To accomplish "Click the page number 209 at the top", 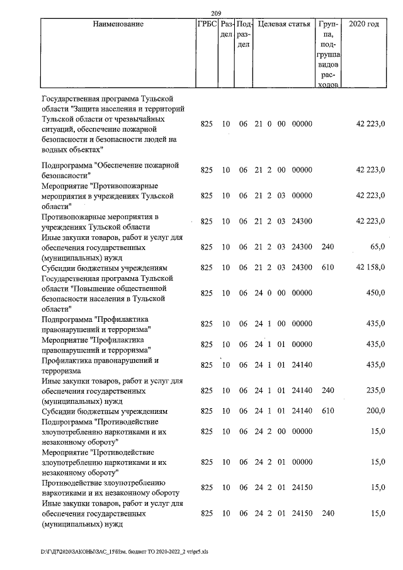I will (x=216, y=13).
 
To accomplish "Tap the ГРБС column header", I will (x=207, y=25).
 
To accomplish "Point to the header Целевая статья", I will (x=284, y=25).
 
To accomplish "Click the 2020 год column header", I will (x=365, y=25).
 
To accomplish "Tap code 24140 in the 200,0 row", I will (x=302, y=411).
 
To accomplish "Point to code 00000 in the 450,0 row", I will (x=302, y=293).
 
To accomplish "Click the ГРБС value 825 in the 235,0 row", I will (x=207, y=390).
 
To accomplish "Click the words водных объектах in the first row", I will (x=71, y=150).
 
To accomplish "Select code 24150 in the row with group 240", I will (x=302, y=513).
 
